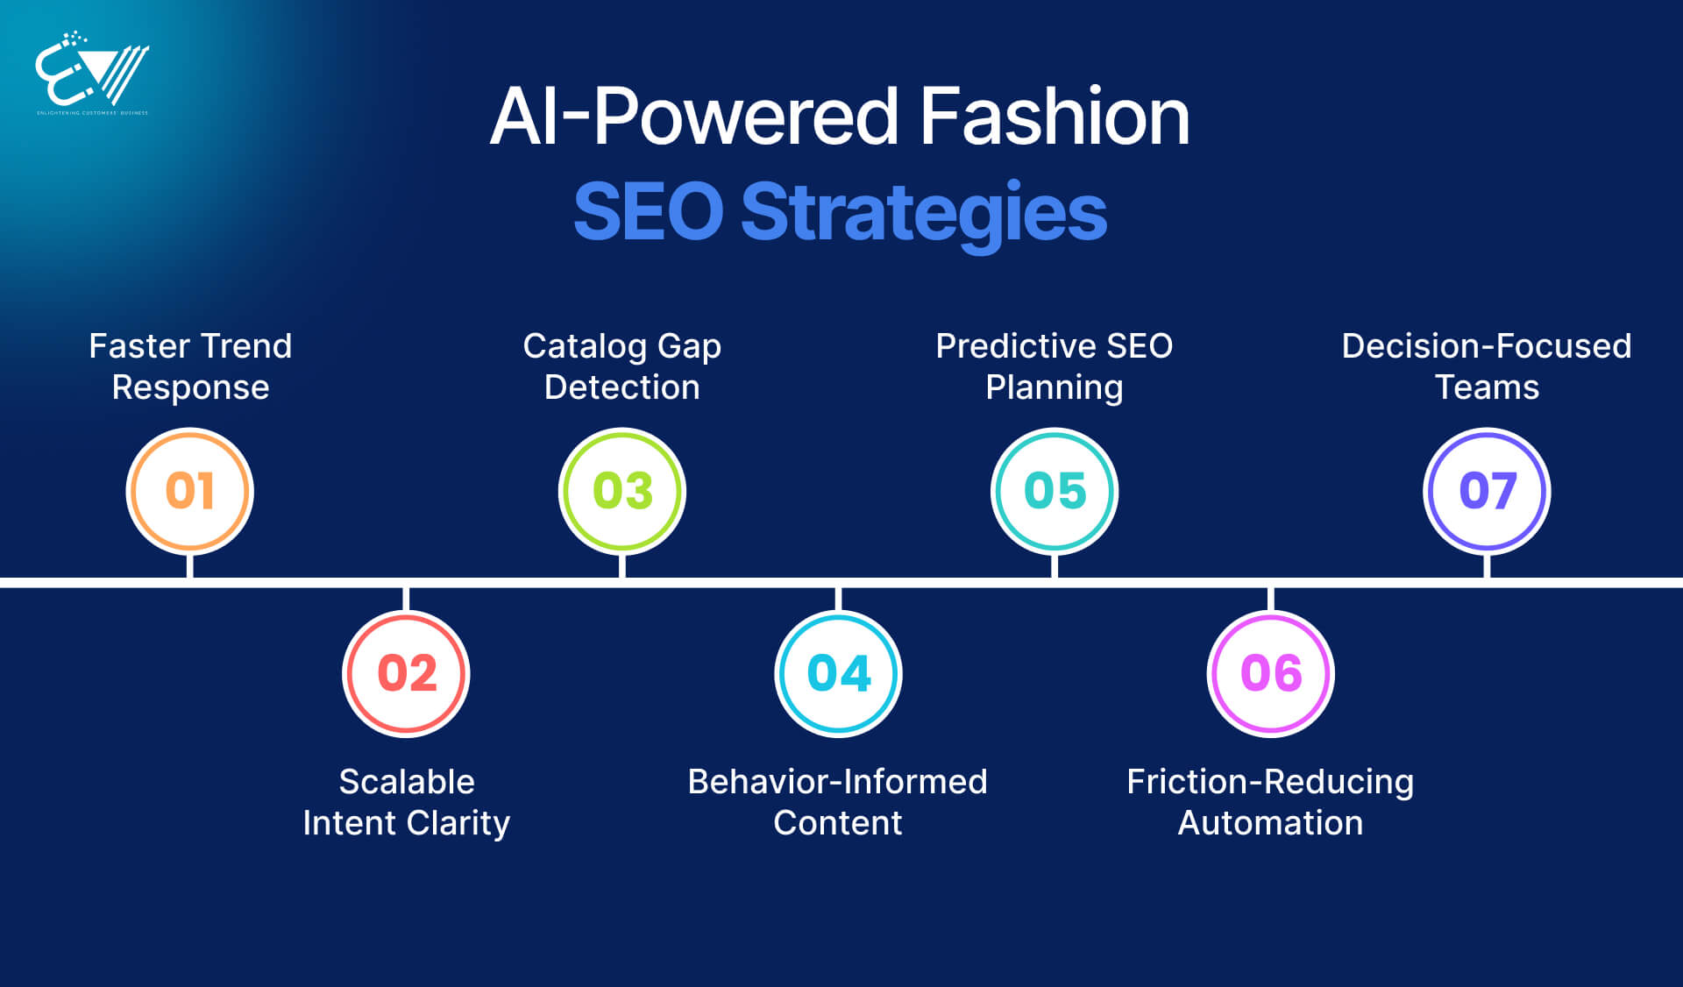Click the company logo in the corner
[x=92, y=74]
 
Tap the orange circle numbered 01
[x=190, y=491]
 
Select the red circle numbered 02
[x=406, y=673]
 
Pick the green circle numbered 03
[x=622, y=491]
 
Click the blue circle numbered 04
[x=839, y=673]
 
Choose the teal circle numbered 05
[x=1055, y=491]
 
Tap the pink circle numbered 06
[x=1271, y=673]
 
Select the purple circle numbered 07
[x=1487, y=491]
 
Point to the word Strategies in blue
[x=924, y=212]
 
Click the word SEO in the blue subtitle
[x=649, y=212]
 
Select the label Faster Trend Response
[x=190, y=366]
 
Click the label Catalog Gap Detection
[x=622, y=366]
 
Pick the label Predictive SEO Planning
[x=1055, y=366]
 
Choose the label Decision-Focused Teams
[x=1487, y=366]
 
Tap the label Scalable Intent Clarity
[x=406, y=802]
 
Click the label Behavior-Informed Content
[x=838, y=802]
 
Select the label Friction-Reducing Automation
[x=1270, y=802]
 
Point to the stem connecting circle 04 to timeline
[x=839, y=600]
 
